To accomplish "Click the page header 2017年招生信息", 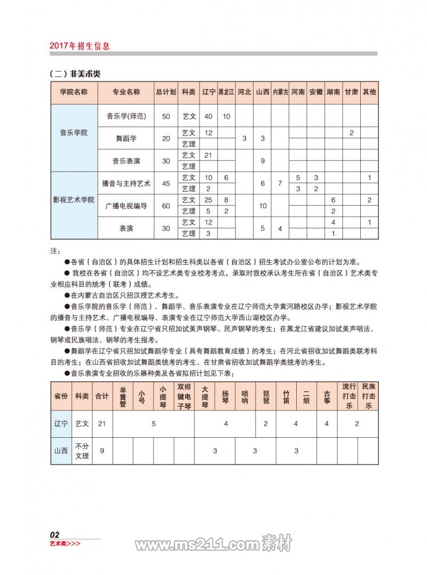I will [80, 46].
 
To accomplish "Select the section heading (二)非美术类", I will [75, 74].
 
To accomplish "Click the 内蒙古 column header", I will [280, 92].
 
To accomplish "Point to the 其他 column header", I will [369, 92].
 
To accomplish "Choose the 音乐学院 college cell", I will [74, 132].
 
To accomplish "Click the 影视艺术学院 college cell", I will [74, 200].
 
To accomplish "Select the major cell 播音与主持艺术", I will [126, 183].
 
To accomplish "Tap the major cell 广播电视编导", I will [126, 206].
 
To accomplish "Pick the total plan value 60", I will [166, 206].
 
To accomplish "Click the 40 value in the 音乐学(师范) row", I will [208, 116].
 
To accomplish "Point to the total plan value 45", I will [166, 183].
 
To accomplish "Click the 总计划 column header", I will [166, 92].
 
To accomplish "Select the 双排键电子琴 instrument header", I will [184, 397].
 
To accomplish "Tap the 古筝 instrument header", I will [327, 397].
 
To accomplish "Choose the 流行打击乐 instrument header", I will [349, 397].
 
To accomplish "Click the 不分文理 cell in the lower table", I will [82, 451].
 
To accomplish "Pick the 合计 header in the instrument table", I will [101, 397].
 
